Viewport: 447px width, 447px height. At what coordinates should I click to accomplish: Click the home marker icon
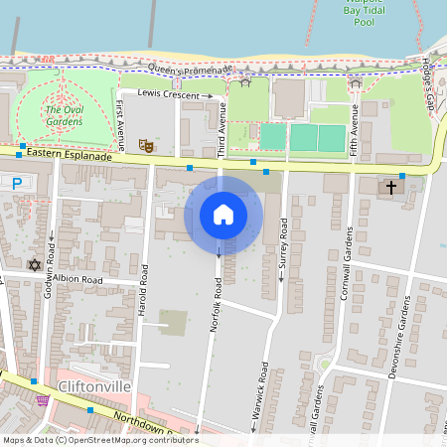coord(223,215)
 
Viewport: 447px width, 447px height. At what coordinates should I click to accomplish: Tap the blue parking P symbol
coord(16,183)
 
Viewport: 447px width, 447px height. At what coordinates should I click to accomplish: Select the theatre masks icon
coord(145,145)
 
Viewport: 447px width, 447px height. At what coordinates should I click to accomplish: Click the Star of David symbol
coord(36,265)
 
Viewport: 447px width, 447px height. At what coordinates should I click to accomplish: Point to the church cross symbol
coord(391,186)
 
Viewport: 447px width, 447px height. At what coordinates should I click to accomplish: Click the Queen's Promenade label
coord(189,69)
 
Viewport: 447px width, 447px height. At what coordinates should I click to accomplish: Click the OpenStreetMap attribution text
coord(100,440)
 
